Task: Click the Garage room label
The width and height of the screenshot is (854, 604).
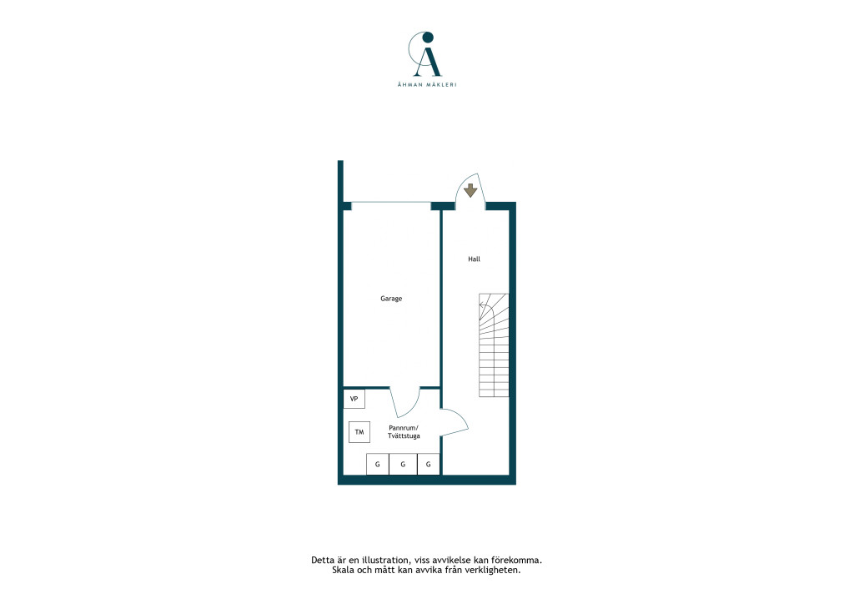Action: (x=391, y=299)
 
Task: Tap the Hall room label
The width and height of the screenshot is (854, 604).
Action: (x=474, y=259)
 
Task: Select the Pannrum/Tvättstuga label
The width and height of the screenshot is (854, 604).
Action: (x=404, y=432)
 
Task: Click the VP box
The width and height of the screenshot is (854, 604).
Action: (x=354, y=399)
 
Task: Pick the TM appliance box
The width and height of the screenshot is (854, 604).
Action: (x=359, y=432)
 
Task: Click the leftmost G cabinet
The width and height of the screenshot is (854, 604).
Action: (x=378, y=464)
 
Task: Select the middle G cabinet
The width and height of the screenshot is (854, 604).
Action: (x=403, y=464)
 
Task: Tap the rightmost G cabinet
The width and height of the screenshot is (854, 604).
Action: (x=429, y=464)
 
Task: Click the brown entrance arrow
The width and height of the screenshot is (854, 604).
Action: (x=470, y=190)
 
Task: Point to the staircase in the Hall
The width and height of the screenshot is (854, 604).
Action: (x=494, y=345)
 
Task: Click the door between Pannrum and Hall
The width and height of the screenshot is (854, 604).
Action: (x=455, y=422)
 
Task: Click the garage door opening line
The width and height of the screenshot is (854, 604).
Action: (x=390, y=203)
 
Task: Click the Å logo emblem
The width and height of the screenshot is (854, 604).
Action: (x=427, y=54)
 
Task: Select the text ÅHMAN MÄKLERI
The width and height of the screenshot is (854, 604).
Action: (x=427, y=84)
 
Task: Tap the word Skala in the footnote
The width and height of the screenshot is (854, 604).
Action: (x=343, y=571)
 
